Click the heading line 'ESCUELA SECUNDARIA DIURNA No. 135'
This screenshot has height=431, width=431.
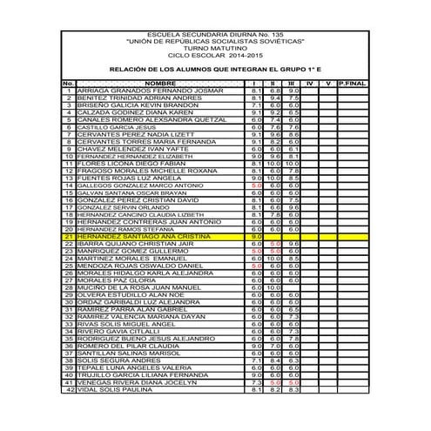coord(215,35)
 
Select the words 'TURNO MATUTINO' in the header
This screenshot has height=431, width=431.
coord(215,49)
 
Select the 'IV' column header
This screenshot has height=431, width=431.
coord(311,84)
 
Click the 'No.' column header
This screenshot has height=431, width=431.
coord(68,84)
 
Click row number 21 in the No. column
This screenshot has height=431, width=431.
coord(68,236)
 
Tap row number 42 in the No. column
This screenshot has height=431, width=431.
coord(68,390)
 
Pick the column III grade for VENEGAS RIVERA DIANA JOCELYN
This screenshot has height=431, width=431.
coord(293,382)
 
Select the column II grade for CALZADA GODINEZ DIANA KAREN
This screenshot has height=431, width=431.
coord(275,112)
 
